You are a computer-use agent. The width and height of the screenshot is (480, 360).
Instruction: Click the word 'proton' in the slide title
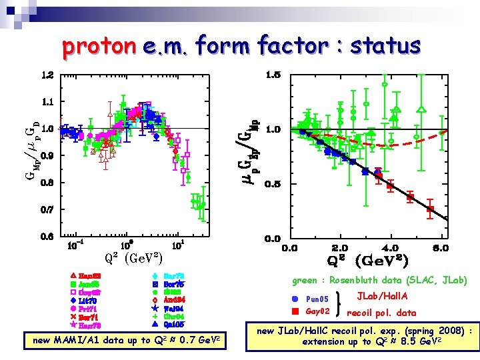coord(98,46)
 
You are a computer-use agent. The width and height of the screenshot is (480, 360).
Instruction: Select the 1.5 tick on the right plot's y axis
coord(273,75)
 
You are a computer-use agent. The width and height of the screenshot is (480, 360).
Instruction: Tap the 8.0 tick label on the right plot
coord(440,248)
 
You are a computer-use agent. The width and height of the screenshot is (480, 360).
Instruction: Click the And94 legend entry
coord(173,300)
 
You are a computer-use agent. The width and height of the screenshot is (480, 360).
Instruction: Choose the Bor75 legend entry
coord(173,283)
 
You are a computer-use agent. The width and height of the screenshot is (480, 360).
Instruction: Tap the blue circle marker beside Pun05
coord(295,299)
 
